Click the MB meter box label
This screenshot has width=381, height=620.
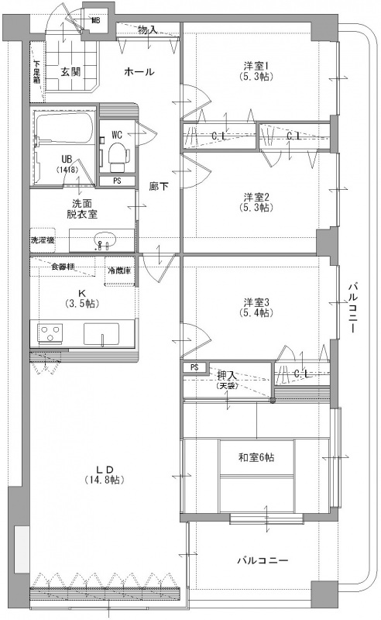pyautogui.click(x=96, y=21)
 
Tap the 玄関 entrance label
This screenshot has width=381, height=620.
pyautogui.click(x=70, y=72)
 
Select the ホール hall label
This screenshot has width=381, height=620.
pyautogui.click(x=139, y=71)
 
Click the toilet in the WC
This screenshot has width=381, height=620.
pyautogui.click(x=116, y=156)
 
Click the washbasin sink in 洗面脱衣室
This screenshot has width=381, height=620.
pyautogui.click(x=105, y=240)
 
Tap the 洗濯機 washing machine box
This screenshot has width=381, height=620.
pyautogui.click(x=43, y=240)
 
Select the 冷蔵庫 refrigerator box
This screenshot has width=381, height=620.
pyautogui.click(x=119, y=271)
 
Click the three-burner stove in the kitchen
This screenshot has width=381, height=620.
pyautogui.click(x=50, y=332)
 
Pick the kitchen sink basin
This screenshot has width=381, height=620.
pyautogui.click(x=101, y=334)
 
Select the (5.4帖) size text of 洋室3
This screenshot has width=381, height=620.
pyautogui.click(x=256, y=313)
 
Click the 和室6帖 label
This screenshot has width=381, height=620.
pyautogui.click(x=256, y=457)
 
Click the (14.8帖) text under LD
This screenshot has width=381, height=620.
pyautogui.click(x=105, y=480)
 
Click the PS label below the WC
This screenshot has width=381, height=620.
pyautogui.click(x=117, y=181)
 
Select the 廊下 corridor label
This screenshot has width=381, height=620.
pyautogui.click(x=159, y=186)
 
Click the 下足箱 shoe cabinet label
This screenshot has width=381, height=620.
pyautogui.click(x=36, y=72)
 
